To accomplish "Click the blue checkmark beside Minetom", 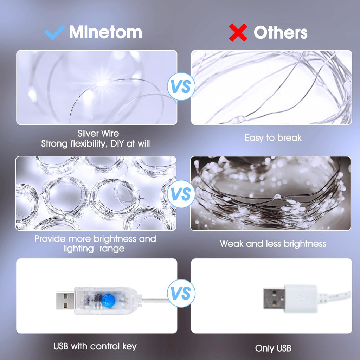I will (54, 32).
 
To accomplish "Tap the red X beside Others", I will (238, 33).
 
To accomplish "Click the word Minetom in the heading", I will (105, 32).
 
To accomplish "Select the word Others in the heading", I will (281, 33).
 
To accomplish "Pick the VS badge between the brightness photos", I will (181, 194).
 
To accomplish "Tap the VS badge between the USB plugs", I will (181, 293).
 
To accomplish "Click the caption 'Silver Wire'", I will (98, 134).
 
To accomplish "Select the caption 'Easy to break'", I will (273, 138).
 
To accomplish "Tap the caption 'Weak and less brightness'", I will (273, 244).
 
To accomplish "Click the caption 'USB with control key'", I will (95, 346).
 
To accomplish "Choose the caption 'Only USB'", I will (273, 348).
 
